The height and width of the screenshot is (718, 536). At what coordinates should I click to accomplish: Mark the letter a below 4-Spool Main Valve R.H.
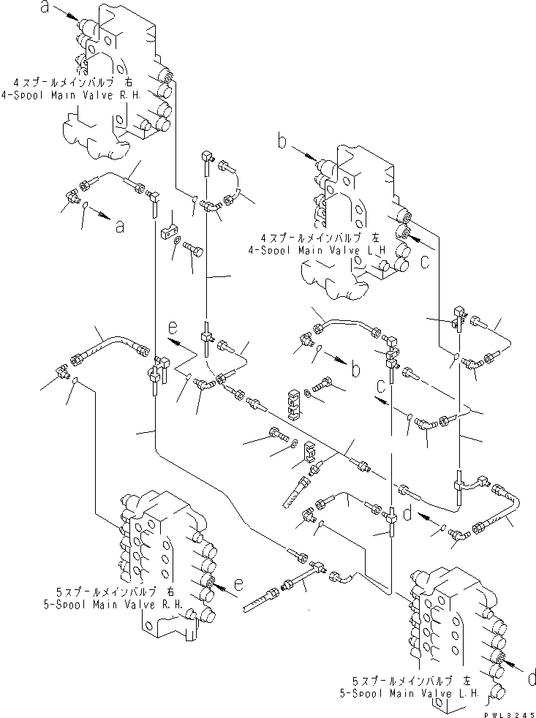[x=119, y=226]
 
